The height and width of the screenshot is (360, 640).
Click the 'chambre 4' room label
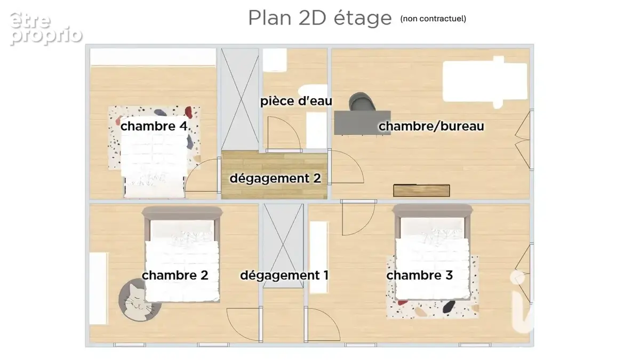tap(154, 126)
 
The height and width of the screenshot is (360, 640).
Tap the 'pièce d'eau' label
tap(296, 101)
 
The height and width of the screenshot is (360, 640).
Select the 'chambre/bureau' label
tap(431, 126)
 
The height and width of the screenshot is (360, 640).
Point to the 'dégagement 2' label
tap(275, 178)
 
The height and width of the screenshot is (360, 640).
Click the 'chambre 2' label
tap(175, 275)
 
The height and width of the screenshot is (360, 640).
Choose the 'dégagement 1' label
tap(284, 275)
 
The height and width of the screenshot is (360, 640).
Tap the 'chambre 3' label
tap(419, 275)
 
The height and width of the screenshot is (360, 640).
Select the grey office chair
tap(362, 101)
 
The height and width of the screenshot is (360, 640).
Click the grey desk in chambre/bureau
tap(362, 123)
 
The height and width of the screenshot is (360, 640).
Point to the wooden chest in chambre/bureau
tap(421, 190)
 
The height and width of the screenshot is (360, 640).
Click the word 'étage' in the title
tap(363, 18)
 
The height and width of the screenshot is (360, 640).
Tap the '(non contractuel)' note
tap(433, 19)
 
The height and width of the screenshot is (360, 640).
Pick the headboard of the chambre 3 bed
tap(433, 211)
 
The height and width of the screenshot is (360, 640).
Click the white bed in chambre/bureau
tap(485, 82)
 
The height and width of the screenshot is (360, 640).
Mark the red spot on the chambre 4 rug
tap(188, 111)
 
